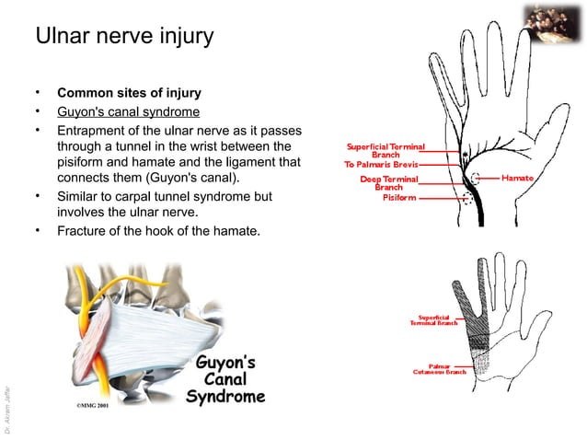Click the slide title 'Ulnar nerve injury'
(123, 38)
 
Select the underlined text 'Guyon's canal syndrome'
(128, 112)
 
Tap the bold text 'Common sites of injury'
(129, 94)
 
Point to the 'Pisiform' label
(401, 196)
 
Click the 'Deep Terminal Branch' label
(388, 182)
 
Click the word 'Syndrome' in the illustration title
(225, 398)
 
